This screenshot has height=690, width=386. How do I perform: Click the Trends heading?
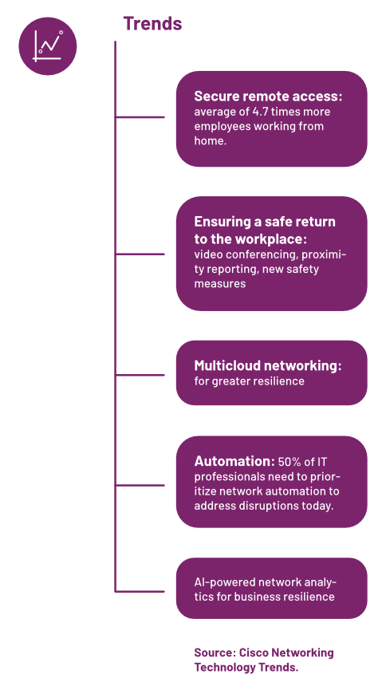[x=152, y=23]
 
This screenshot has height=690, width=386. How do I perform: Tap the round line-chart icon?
[x=48, y=46]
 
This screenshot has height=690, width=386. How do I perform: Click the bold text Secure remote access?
[x=268, y=97]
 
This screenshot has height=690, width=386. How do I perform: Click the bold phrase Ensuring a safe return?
[x=265, y=221]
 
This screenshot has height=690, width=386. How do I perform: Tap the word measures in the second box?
[x=219, y=284]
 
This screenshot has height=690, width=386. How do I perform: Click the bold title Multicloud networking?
[x=268, y=366]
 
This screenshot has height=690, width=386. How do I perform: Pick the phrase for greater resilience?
[x=249, y=381]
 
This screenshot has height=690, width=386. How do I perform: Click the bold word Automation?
[x=234, y=462]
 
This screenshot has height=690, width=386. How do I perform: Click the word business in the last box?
[x=254, y=597]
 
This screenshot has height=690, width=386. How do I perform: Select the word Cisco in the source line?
[x=254, y=653]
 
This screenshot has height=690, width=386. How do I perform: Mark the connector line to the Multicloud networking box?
[x=140, y=376]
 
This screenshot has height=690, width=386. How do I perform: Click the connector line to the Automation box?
[x=140, y=485]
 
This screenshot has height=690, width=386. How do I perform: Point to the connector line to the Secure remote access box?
[x=140, y=117]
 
